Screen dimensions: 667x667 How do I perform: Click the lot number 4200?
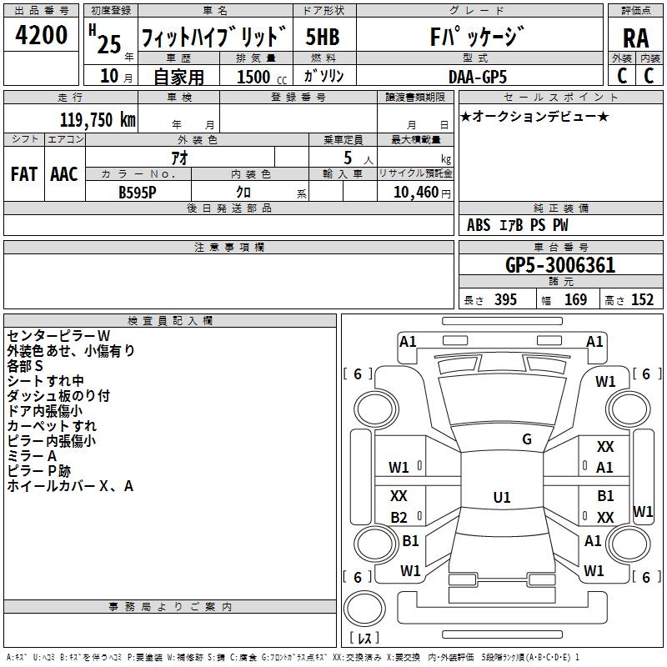click(41, 35)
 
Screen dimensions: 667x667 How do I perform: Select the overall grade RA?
click(636, 38)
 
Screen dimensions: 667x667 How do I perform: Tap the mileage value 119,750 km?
click(98, 120)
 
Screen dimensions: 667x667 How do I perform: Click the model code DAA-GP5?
click(478, 77)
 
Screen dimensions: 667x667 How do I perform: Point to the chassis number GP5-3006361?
click(560, 265)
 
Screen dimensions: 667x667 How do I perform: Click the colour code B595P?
click(138, 193)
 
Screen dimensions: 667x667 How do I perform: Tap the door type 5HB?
click(323, 37)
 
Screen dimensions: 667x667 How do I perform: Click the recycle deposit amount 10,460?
click(416, 193)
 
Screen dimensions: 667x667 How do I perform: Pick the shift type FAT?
click(24, 174)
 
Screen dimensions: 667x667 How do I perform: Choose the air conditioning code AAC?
click(64, 174)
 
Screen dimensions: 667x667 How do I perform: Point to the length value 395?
click(505, 299)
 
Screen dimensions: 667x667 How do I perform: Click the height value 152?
click(642, 299)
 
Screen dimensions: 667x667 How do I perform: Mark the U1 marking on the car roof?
click(502, 497)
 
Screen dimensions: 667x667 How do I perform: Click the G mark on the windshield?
click(527, 439)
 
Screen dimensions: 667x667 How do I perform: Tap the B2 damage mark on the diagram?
click(399, 517)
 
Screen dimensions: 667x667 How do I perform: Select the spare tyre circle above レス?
click(364, 609)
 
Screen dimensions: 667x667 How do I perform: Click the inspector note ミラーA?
click(32, 456)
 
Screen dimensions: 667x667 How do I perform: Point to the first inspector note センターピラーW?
click(58, 336)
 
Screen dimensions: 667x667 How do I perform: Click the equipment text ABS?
click(479, 225)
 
